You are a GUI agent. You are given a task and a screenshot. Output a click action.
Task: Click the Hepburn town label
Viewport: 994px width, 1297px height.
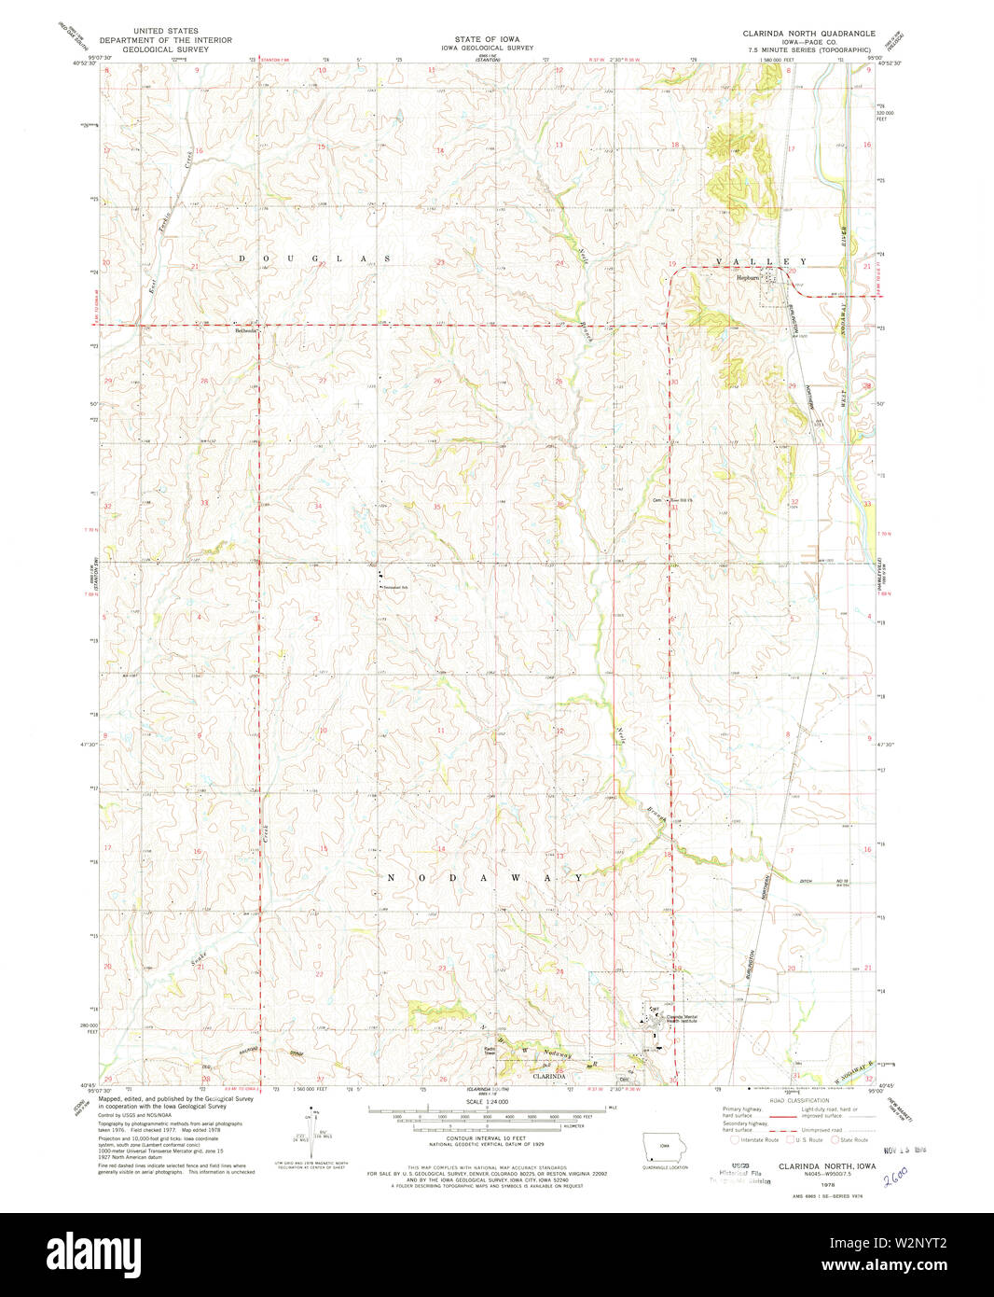[x=749, y=277]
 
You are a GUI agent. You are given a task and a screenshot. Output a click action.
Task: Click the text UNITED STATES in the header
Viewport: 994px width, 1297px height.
[x=165, y=31]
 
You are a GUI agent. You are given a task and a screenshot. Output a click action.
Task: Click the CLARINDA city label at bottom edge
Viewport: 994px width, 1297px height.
[x=548, y=1076]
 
